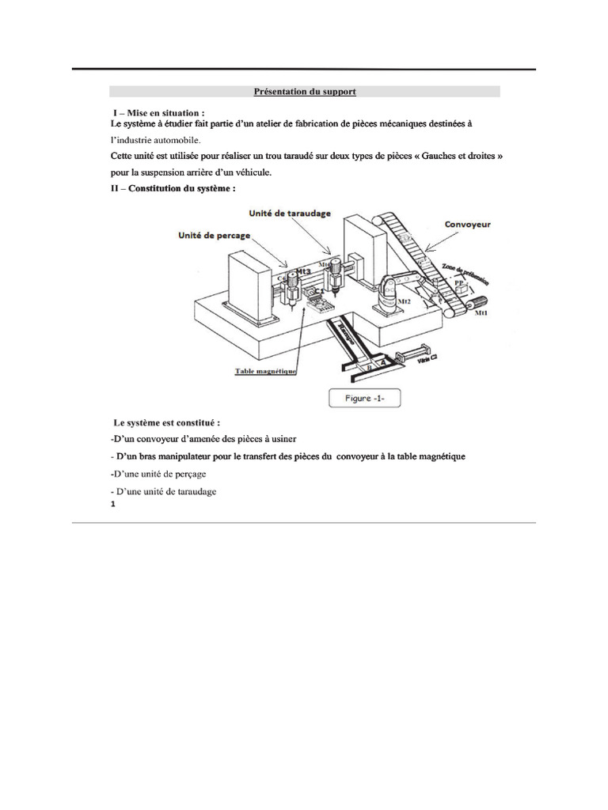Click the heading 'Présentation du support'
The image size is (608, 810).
click(x=305, y=92)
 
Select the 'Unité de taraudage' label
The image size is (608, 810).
click(x=290, y=214)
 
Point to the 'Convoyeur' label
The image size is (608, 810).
click(x=467, y=225)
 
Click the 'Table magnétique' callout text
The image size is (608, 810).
click(x=264, y=370)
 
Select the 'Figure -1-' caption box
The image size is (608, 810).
click(x=365, y=399)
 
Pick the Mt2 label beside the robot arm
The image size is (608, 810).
click(x=403, y=301)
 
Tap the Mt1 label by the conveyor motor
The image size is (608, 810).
click(x=480, y=314)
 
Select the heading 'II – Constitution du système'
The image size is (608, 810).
click(x=173, y=188)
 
